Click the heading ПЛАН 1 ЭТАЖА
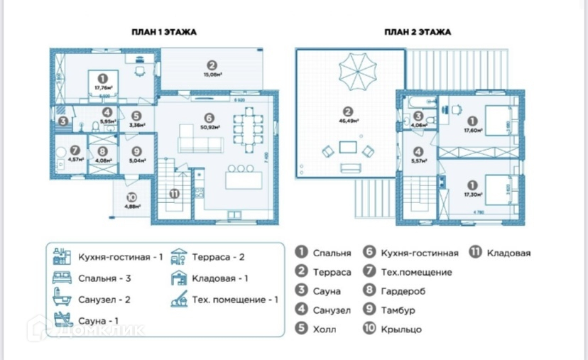(164, 32)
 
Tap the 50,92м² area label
(209, 128)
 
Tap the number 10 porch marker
(131, 199)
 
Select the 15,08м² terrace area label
(212, 74)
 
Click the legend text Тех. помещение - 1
(234, 300)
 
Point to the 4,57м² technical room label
(75, 159)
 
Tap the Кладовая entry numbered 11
(508, 252)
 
